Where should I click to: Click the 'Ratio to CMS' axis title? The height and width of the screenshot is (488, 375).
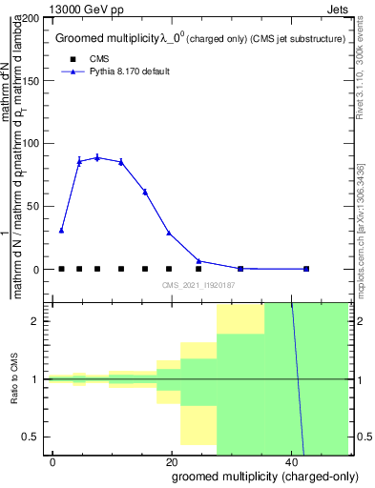(14, 378)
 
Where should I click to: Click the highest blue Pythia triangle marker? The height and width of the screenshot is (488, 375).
(97, 157)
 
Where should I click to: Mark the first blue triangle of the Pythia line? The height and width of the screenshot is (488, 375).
(61, 230)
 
